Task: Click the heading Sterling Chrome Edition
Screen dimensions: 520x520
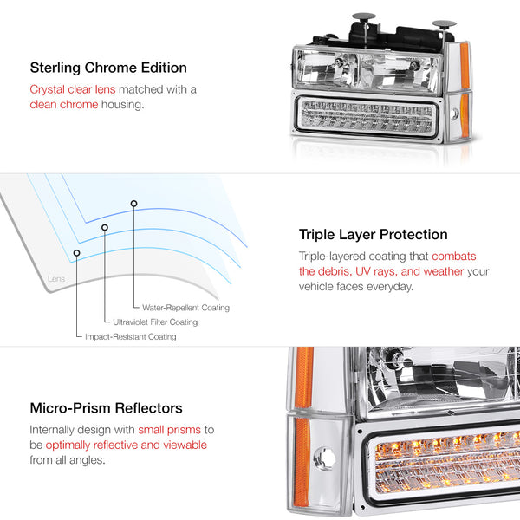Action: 108,68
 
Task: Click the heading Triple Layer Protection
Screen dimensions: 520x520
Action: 374,235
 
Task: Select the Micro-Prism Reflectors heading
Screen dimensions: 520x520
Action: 106,407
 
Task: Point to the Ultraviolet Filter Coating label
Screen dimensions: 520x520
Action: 155,322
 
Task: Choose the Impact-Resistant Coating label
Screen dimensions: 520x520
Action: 130,336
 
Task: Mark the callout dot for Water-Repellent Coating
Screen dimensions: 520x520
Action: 133,204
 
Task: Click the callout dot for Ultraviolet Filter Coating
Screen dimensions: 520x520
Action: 105,228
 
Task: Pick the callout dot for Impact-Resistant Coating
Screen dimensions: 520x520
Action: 77,252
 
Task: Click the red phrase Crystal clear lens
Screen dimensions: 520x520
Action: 71,89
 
